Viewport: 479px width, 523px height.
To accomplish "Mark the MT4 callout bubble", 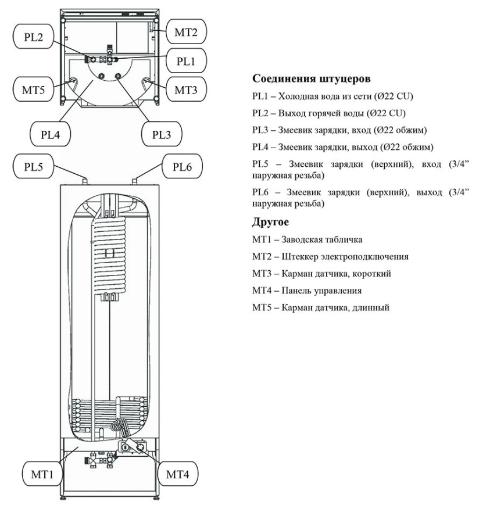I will [178, 473].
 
